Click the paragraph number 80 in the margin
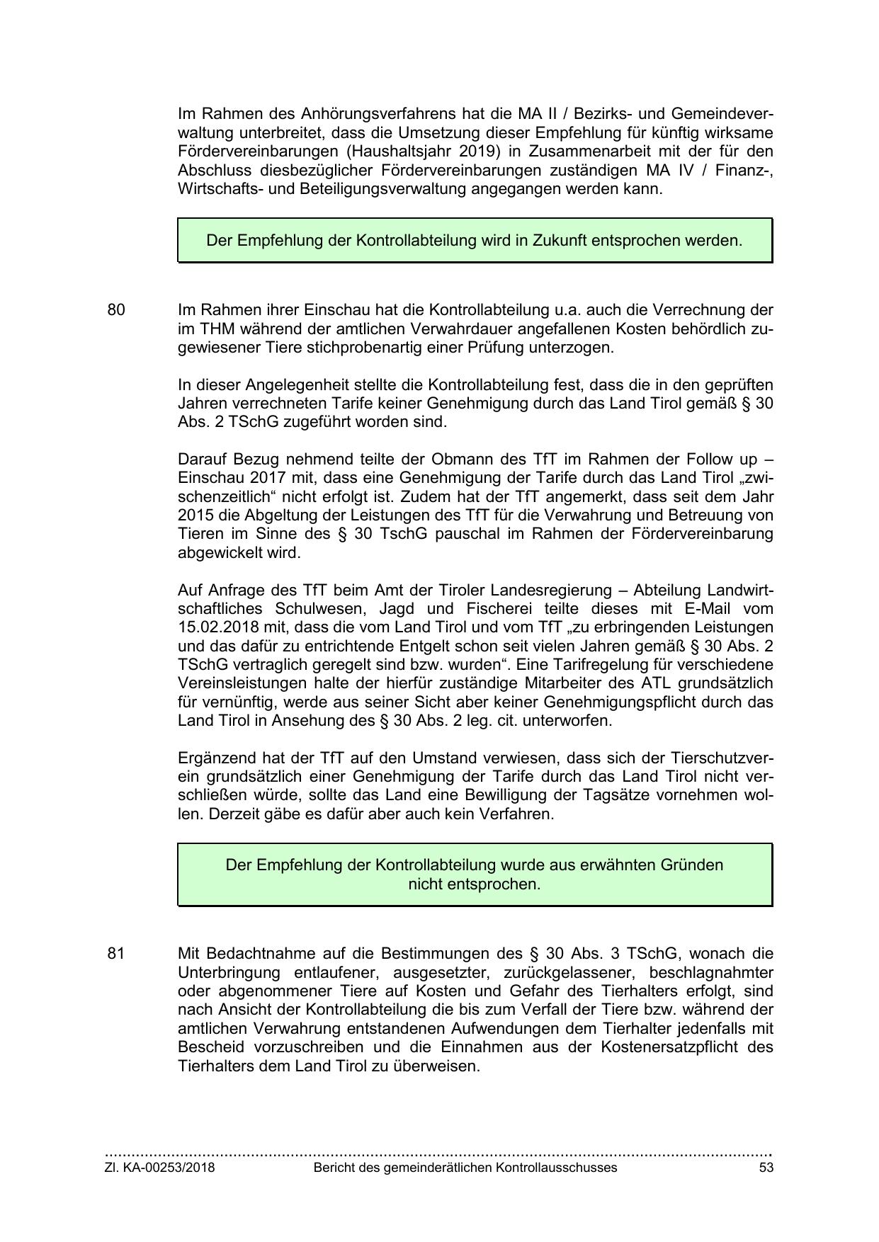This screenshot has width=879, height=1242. tap(116, 310)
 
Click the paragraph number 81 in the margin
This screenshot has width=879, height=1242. tap(116, 953)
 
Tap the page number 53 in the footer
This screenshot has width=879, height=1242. tap(766, 1168)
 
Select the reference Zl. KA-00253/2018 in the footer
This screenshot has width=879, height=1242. tap(160, 1168)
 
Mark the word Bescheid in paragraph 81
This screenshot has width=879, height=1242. tap(211, 1047)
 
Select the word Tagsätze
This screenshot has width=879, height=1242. tap(615, 795)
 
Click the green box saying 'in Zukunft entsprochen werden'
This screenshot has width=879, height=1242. tap(475, 241)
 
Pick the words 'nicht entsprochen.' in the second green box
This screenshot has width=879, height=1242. tap(475, 884)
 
